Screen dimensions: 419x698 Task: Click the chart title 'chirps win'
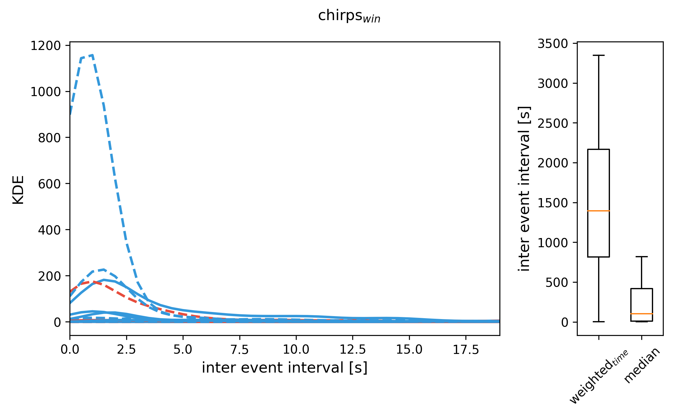point(349,16)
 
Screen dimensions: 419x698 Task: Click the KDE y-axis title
point(18,190)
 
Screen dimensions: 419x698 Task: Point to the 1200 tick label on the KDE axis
point(46,46)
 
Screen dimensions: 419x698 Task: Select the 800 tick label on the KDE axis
point(49,138)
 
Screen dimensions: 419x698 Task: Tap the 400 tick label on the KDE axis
point(49,230)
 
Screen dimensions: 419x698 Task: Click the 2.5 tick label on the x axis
point(126,350)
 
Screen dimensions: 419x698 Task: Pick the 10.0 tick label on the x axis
point(296,350)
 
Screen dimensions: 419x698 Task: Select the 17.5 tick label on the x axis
point(466,350)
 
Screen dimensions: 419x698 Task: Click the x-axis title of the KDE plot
point(285,368)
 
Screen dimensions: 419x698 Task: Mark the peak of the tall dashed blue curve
point(92,55)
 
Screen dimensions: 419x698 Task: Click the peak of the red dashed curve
point(92,282)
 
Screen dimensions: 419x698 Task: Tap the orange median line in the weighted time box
point(598,211)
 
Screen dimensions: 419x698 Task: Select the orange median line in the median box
point(642,314)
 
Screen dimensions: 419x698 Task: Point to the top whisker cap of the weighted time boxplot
point(598,55)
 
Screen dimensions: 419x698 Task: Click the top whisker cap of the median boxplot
point(642,257)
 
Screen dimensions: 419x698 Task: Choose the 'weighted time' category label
point(598,377)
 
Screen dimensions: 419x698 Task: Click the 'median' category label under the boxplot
point(642,365)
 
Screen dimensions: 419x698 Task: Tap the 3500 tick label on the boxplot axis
point(553,44)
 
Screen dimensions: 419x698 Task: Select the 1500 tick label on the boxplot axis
point(553,203)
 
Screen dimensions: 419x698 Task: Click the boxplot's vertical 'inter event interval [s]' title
point(525,189)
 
